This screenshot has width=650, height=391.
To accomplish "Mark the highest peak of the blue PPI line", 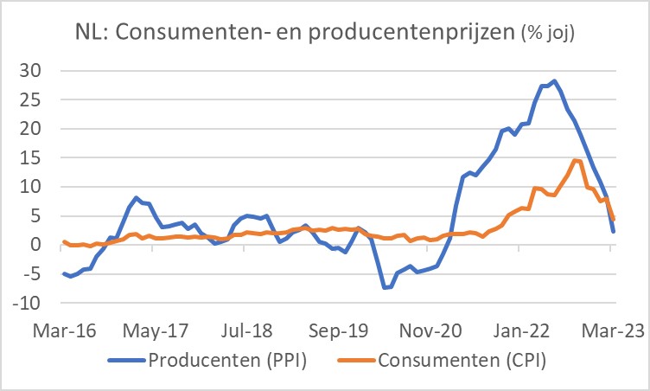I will coord(554,80).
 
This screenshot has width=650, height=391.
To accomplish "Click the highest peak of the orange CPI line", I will coord(575,160).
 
